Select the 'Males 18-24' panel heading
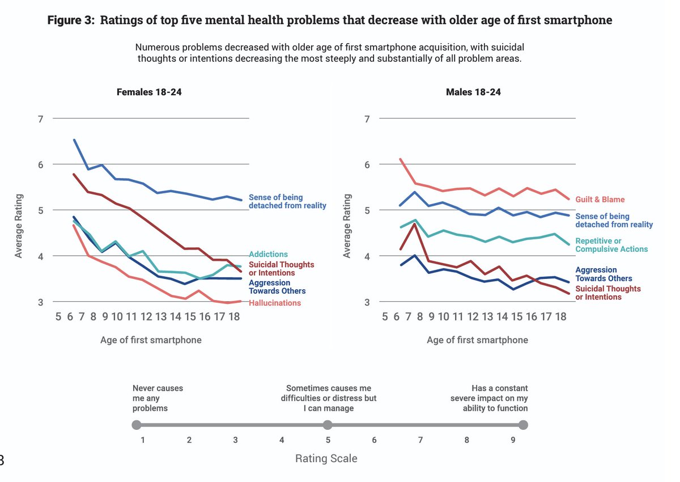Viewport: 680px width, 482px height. (x=473, y=92)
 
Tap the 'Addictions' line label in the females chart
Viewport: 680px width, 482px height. (x=269, y=255)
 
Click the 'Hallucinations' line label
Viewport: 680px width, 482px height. (x=275, y=303)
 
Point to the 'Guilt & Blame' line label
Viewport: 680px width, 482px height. (x=600, y=200)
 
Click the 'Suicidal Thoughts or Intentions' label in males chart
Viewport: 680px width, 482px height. (x=608, y=293)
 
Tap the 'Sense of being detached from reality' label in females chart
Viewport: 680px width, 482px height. (x=287, y=201)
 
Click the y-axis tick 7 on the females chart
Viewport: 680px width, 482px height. (x=40, y=119)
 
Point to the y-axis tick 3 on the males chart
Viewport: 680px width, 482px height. (x=367, y=302)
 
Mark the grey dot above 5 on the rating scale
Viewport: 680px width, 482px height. (x=327, y=425)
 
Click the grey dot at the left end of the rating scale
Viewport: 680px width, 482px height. (x=136, y=425)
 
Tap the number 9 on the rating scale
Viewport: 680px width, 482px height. (x=513, y=440)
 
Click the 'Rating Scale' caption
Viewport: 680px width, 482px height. (x=326, y=459)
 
